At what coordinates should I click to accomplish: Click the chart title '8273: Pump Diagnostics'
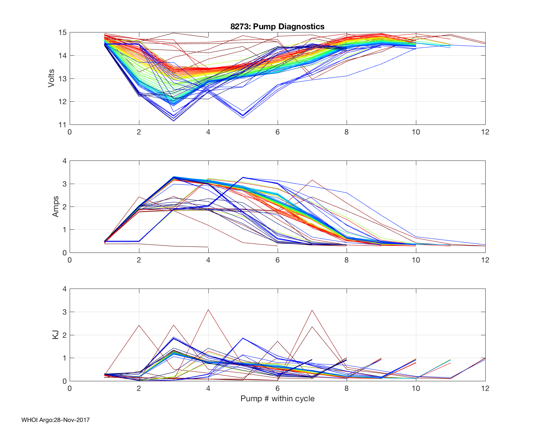coord(277,26)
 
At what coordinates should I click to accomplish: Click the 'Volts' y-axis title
coord(51,78)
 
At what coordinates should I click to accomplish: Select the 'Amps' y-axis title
coord(55,207)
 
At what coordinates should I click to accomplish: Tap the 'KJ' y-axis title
coord(55,335)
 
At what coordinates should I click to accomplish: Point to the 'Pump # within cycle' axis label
coord(277,398)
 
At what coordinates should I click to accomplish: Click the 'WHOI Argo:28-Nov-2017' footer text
coord(55,420)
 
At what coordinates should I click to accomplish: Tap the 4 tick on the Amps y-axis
coord(64,161)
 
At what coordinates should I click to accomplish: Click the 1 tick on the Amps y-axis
coord(64,230)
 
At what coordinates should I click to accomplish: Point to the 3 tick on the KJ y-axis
coord(64,312)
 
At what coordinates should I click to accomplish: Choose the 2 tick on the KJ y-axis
coord(64,335)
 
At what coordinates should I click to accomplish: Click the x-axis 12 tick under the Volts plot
coord(485,132)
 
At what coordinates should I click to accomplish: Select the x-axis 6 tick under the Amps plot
coord(277,260)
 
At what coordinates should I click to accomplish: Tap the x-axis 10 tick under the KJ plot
coord(416,388)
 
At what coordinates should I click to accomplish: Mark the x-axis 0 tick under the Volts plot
coord(70,132)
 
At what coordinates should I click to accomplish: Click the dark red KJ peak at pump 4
coord(208,310)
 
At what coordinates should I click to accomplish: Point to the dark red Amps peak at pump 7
coord(312,180)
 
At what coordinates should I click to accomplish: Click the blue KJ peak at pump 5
coord(243,338)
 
